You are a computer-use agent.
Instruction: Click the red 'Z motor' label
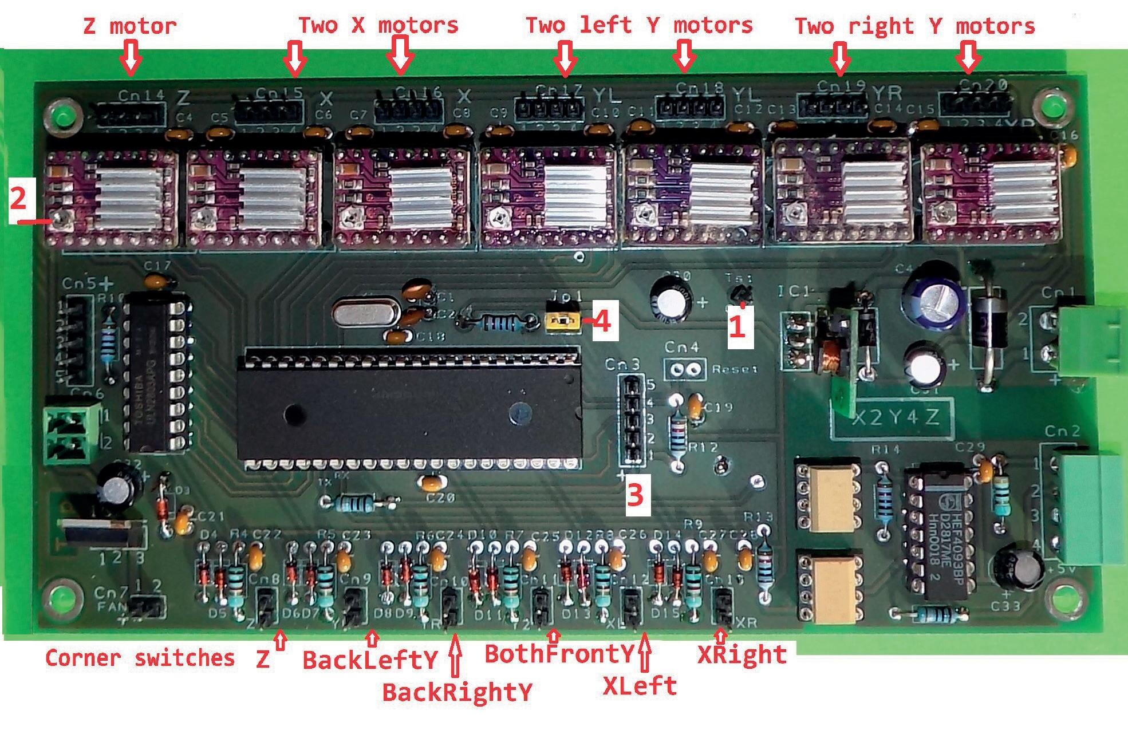130,26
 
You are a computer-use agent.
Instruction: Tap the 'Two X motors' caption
378,25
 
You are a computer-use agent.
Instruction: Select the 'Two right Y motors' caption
914,26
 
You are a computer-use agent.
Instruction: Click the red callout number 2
19,199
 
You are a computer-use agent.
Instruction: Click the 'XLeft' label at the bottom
640,685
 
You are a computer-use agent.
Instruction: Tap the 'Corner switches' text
140,658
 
